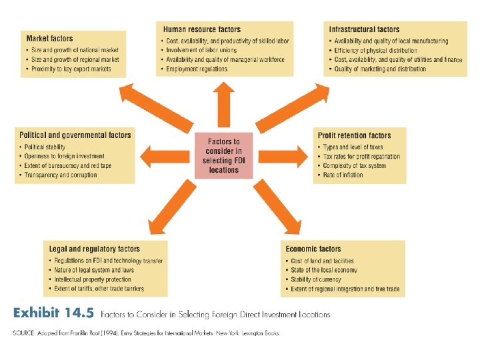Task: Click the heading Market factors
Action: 51,39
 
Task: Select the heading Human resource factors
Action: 203,29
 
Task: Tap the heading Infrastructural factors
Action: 364,29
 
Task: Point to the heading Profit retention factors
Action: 354,135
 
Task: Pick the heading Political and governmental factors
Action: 75,135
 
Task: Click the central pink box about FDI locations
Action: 224,155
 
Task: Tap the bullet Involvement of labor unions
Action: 201,50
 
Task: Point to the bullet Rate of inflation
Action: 343,175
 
